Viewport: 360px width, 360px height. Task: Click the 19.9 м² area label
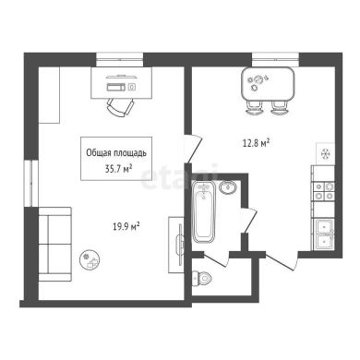click(x=126, y=227)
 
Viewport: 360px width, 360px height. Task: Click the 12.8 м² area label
click(x=257, y=143)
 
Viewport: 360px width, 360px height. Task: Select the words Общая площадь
click(x=116, y=152)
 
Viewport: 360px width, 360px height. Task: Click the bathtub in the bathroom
click(x=203, y=212)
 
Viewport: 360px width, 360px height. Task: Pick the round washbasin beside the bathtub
click(x=228, y=187)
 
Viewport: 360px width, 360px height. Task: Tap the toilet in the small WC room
click(x=202, y=278)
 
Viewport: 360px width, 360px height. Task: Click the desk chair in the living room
click(x=120, y=107)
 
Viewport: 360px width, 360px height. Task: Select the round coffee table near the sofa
click(x=90, y=259)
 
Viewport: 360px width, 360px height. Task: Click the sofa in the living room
click(x=54, y=244)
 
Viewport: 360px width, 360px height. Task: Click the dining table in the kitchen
click(x=268, y=84)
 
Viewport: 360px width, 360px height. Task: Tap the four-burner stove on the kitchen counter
click(x=323, y=191)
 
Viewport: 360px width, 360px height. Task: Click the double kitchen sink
click(x=323, y=234)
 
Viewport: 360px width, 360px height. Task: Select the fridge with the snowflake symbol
click(x=326, y=153)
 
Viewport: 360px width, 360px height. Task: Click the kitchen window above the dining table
click(x=276, y=60)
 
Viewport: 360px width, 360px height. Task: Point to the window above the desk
click(x=120, y=60)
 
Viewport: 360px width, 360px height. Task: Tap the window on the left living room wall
click(x=31, y=183)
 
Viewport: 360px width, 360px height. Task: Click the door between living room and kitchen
click(x=194, y=149)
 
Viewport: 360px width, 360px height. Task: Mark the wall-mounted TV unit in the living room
click(x=176, y=245)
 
